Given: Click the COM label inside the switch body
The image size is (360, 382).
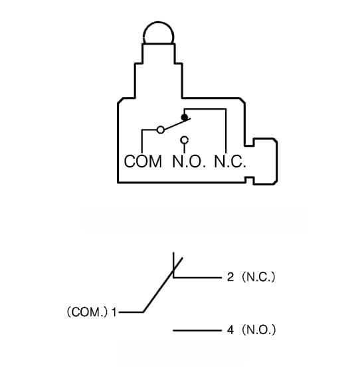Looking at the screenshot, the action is pyautogui.click(x=143, y=161).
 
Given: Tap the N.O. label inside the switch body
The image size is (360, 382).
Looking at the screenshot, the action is pyautogui.click(x=189, y=161).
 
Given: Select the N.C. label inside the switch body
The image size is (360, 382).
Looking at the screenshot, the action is pyautogui.click(x=230, y=161).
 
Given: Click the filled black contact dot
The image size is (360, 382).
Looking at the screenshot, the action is pyautogui.click(x=185, y=118).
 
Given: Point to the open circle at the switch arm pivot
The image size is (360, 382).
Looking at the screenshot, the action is pyautogui.click(x=161, y=130).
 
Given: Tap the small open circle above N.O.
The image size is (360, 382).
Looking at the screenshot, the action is pyautogui.click(x=185, y=140).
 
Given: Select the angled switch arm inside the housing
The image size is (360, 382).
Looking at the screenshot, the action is pyautogui.click(x=177, y=124).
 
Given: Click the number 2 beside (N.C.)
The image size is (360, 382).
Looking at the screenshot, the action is pyautogui.click(x=230, y=277).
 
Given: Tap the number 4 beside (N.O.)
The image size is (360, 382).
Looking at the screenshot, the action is pyautogui.click(x=230, y=330).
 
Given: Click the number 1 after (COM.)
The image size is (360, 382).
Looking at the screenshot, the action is pyautogui.click(x=114, y=312).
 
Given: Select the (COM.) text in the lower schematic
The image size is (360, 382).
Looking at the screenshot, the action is pyautogui.click(x=87, y=312).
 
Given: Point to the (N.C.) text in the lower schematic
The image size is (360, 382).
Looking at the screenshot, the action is pyautogui.click(x=258, y=277).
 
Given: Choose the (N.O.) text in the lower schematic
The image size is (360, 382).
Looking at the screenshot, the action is pyautogui.click(x=259, y=330).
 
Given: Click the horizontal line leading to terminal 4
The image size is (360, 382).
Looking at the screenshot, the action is pyautogui.click(x=197, y=331).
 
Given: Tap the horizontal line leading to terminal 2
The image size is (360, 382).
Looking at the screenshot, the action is pyautogui.click(x=197, y=278).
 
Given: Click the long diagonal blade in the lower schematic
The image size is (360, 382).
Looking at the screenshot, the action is pyautogui.click(x=163, y=285).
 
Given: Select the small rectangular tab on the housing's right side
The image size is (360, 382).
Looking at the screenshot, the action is pyautogui.click(x=265, y=161).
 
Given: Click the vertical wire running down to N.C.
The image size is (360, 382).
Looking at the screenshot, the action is pyautogui.click(x=226, y=131).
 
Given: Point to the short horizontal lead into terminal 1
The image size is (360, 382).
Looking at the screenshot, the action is pyautogui.click(x=131, y=312).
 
